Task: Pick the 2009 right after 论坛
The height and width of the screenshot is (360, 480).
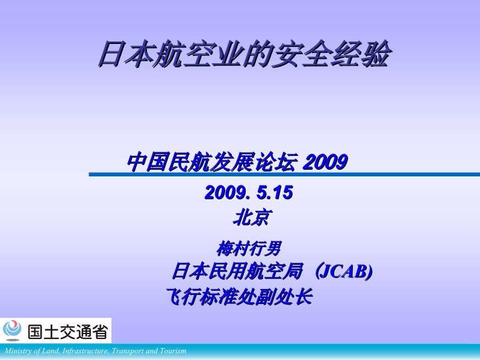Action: point(325,162)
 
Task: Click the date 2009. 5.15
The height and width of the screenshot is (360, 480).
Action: point(249,193)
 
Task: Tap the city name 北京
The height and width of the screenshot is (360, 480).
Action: point(251,217)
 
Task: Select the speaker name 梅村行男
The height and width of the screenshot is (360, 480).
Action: point(248,248)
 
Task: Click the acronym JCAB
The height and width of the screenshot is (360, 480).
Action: point(345,272)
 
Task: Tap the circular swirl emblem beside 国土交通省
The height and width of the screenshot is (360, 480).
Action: point(12,330)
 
